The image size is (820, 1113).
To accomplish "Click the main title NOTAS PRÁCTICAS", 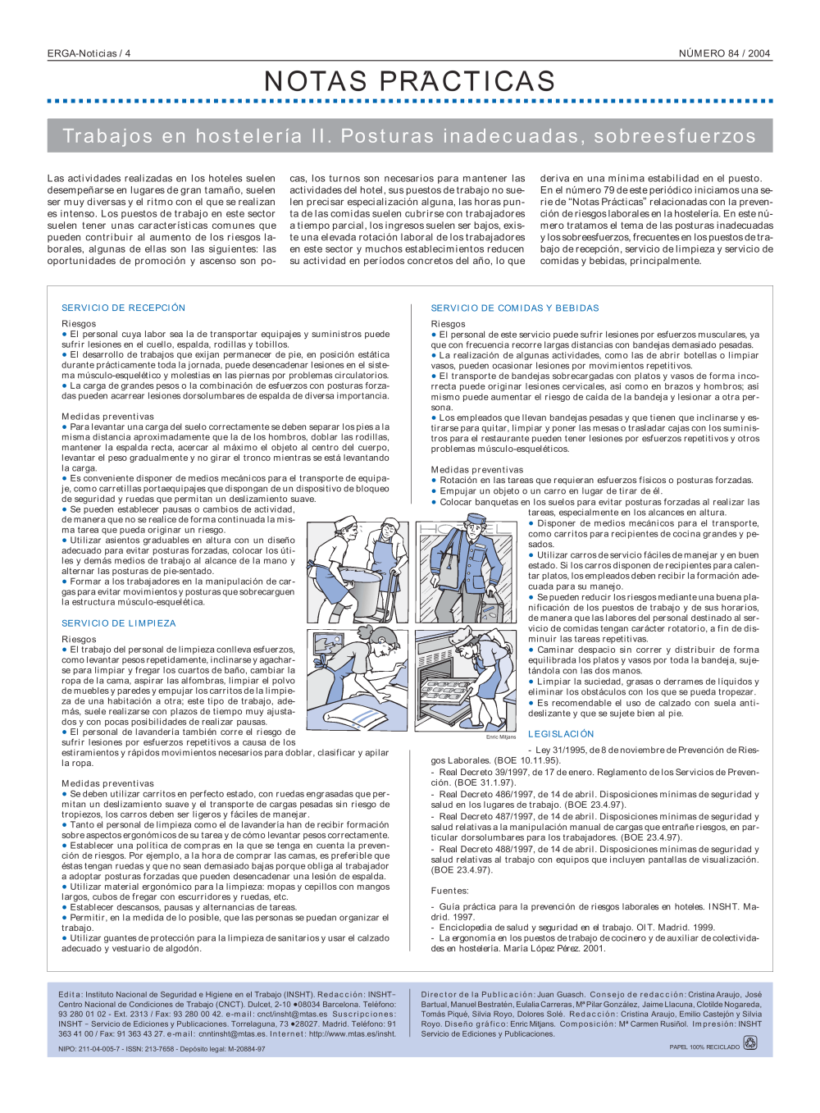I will point(410,81).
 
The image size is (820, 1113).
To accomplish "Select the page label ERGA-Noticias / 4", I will point(89,53).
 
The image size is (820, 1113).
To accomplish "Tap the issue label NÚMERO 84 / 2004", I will point(724,53).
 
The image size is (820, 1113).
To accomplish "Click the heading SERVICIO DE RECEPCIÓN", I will point(123,308).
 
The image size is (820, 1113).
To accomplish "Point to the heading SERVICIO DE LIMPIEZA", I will point(119,623).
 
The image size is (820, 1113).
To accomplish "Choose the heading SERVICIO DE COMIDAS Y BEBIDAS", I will point(515,308).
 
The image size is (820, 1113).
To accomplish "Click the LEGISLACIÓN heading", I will point(561,734).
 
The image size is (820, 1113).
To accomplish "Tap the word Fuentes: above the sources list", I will point(450,891).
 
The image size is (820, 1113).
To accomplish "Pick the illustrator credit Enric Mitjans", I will point(501,737).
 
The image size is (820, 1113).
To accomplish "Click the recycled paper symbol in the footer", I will point(749,1043).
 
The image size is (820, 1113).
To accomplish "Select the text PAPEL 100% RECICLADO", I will point(704,1047).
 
